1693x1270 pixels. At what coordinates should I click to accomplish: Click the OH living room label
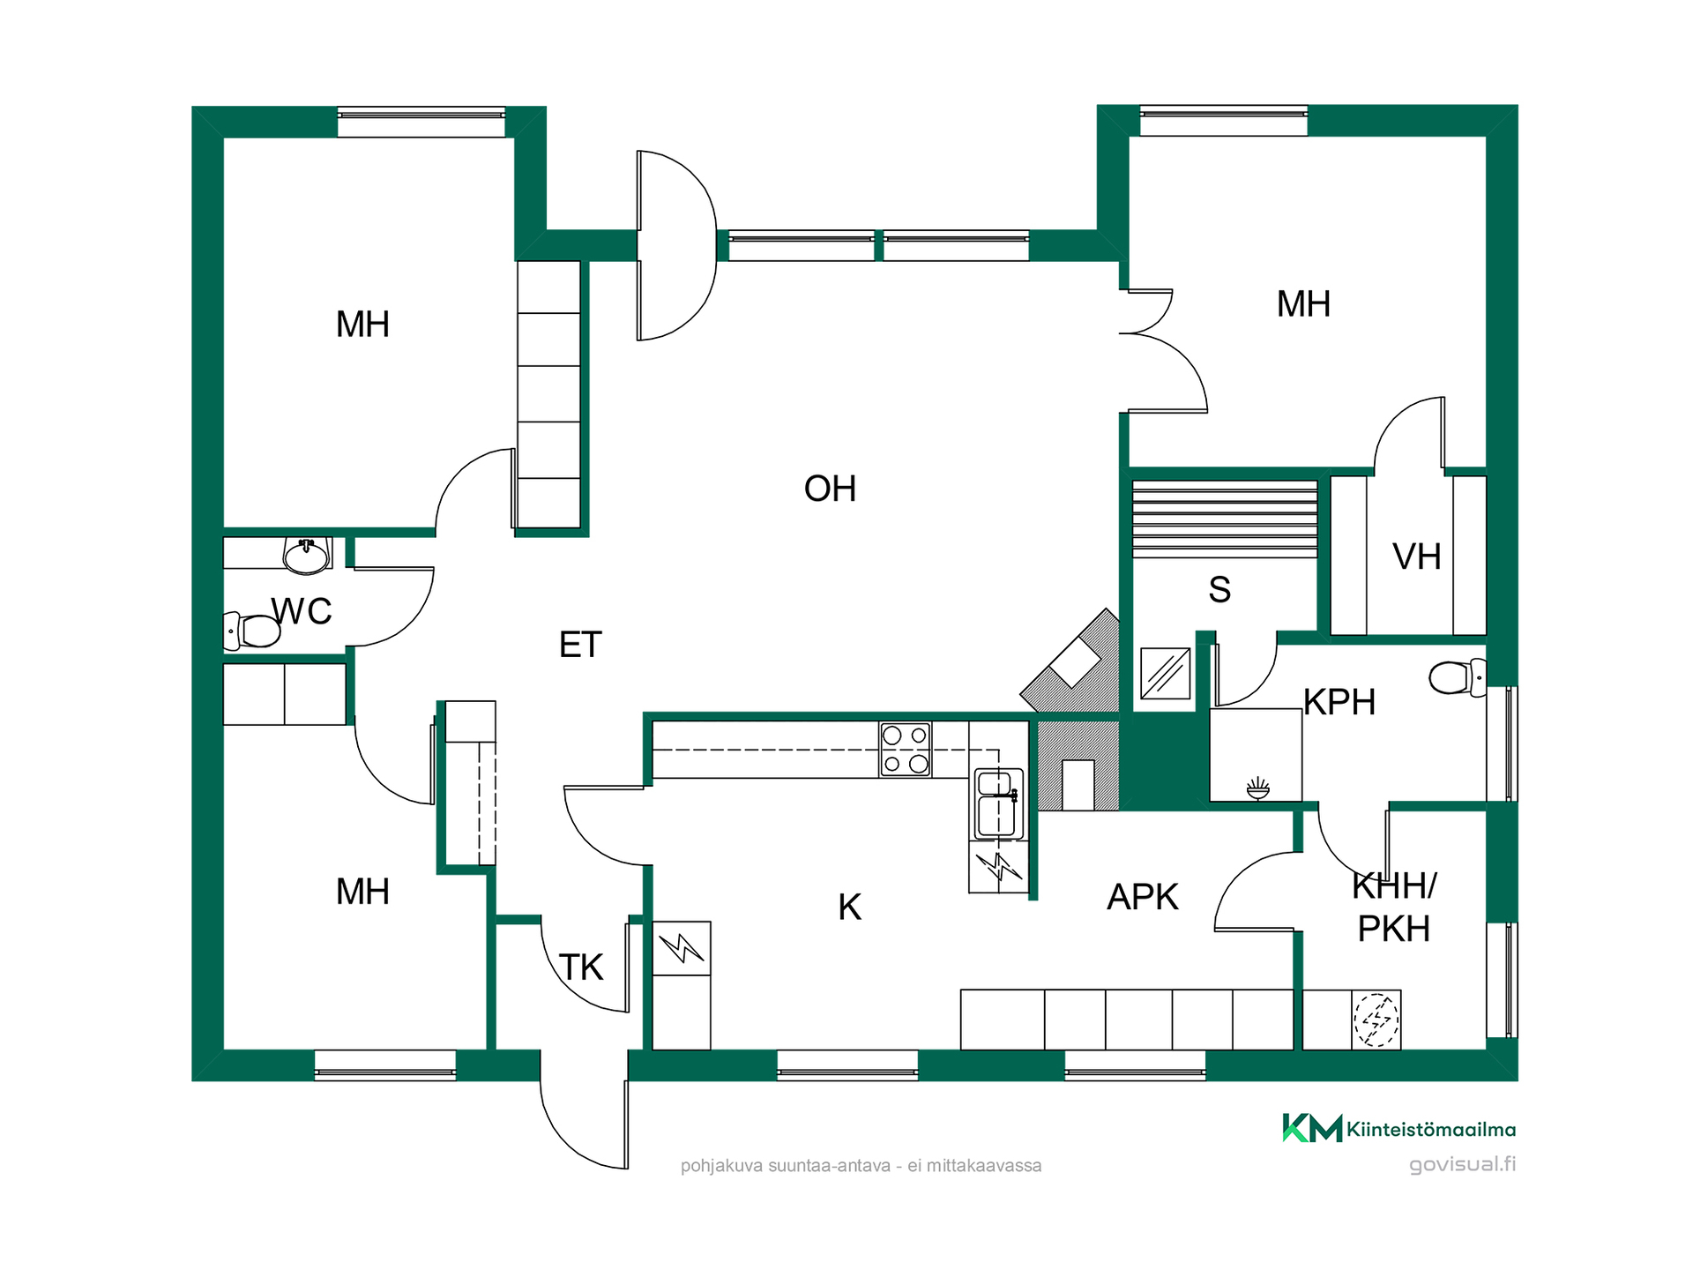[x=830, y=489]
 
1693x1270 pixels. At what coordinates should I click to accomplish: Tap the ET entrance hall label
[x=580, y=645]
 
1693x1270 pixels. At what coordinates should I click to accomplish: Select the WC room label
[x=302, y=611]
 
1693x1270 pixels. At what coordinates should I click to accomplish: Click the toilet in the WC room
[x=252, y=631]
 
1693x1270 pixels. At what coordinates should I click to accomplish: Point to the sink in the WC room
[x=306, y=556]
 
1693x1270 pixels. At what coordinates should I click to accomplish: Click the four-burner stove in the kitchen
[x=906, y=750]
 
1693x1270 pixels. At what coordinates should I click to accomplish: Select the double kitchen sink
[x=999, y=803]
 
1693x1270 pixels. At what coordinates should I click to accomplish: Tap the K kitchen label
[x=849, y=907]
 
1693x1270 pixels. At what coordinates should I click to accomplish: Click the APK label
[x=1142, y=897]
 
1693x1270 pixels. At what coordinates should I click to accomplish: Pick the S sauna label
[x=1219, y=589]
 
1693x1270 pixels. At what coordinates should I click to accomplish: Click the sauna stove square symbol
[x=1165, y=673]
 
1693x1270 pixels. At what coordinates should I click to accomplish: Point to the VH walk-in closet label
[x=1416, y=557]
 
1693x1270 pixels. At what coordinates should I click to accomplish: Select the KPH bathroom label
[x=1339, y=702]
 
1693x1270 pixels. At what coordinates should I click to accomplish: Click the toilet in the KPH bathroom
[x=1457, y=677]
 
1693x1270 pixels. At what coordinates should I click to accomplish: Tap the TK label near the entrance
[x=581, y=967]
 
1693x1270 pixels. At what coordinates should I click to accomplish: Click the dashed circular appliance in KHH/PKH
[x=1376, y=1020]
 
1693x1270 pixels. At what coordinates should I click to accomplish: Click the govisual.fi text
[x=1462, y=1164]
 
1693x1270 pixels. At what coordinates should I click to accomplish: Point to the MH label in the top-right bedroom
[x=1303, y=304]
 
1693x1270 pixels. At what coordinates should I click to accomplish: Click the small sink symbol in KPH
[x=1258, y=788]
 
